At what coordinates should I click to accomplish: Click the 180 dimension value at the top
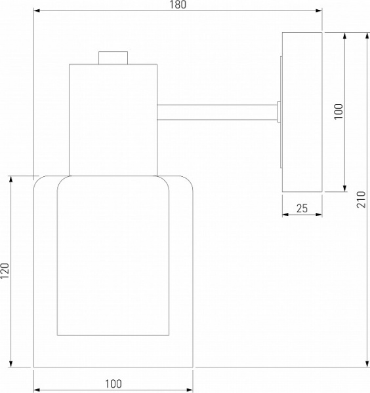click(178, 5)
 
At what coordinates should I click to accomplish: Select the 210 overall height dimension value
click(361, 199)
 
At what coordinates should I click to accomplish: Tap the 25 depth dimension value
click(302, 208)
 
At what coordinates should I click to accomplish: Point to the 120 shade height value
click(5, 271)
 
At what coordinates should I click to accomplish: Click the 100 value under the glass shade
click(113, 384)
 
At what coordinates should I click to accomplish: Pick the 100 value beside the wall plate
click(339, 111)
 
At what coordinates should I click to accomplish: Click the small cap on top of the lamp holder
click(113, 58)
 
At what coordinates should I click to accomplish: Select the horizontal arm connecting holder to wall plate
click(217, 112)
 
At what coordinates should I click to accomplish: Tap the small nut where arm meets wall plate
click(279, 112)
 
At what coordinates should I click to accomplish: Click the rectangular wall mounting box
click(302, 112)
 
